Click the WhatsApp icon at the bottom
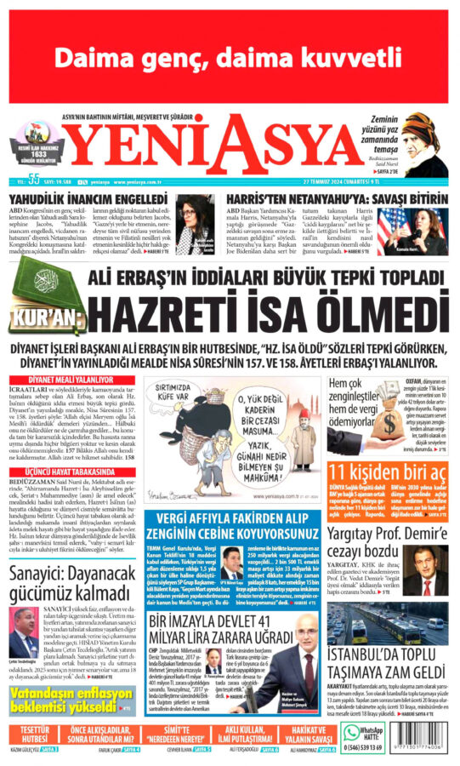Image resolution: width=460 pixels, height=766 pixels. coord(350,735)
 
